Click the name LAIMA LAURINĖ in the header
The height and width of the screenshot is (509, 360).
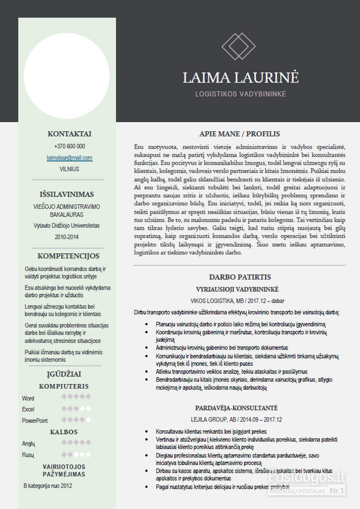241,77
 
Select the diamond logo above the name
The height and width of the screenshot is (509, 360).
238,46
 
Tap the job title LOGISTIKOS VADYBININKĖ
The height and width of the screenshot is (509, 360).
241,94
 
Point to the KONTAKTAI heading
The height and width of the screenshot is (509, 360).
69,134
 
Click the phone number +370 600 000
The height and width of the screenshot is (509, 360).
69,146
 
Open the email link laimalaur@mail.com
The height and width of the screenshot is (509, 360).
69,158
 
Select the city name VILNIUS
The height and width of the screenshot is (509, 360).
69,169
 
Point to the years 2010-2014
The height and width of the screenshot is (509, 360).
67,237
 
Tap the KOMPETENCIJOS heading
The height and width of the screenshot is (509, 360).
68,256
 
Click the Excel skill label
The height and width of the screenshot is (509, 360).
28,409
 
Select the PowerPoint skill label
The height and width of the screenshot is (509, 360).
35,420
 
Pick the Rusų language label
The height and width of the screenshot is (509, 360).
28,455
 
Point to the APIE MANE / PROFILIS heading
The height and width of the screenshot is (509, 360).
239,134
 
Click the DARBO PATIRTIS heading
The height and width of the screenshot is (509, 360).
239,277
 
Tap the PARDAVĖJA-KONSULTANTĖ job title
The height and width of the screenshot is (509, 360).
237,408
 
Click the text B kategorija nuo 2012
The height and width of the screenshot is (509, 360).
48,485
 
